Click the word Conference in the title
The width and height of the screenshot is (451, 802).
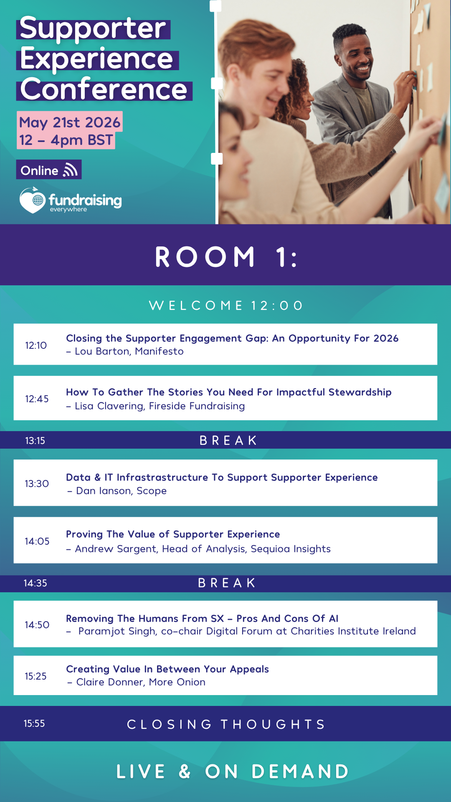point(104,89)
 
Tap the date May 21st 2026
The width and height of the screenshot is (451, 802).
point(70,122)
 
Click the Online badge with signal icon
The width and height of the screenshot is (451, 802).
point(49,170)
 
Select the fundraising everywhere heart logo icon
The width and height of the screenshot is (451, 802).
point(32,200)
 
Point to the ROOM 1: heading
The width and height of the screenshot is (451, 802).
point(226,256)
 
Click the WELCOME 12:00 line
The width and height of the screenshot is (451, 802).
point(226,306)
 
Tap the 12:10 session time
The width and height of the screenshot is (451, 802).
point(36,345)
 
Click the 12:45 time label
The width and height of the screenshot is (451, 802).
point(37,399)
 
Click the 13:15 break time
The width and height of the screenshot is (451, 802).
point(35,441)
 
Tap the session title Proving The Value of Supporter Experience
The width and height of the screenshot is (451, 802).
point(173,534)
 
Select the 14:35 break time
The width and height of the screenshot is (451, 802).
point(35,583)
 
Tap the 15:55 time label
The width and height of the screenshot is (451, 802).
point(34,723)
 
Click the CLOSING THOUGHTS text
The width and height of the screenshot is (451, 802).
point(226,724)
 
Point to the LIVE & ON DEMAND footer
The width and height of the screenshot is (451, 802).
point(232,772)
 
